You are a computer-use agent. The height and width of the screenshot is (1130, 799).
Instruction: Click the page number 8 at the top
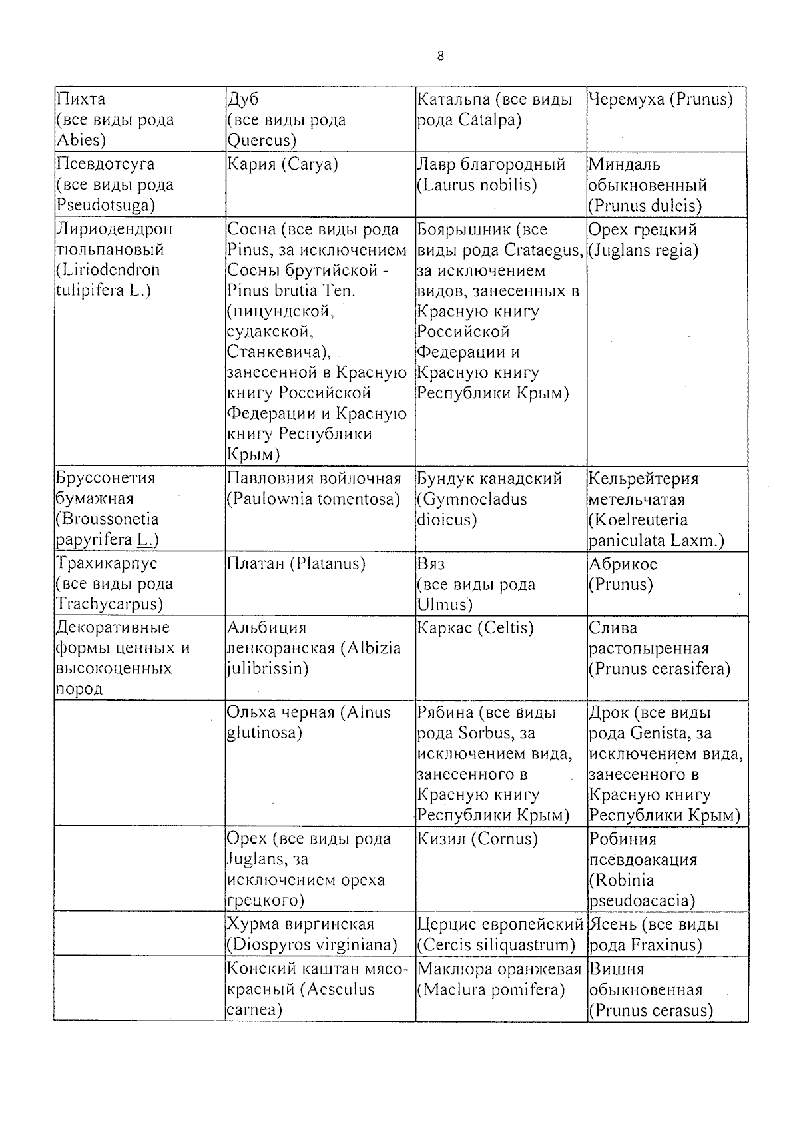click(x=440, y=56)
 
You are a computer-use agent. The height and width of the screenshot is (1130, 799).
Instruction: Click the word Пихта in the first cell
click(x=81, y=99)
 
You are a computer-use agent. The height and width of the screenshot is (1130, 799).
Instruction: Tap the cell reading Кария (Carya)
click(x=282, y=164)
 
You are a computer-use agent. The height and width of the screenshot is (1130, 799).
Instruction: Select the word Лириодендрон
click(x=115, y=229)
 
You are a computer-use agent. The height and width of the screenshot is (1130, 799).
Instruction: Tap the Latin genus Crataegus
click(x=543, y=250)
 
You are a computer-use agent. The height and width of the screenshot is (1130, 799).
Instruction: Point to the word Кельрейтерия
click(x=643, y=479)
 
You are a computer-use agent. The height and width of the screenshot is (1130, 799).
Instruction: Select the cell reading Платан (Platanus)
click(x=296, y=564)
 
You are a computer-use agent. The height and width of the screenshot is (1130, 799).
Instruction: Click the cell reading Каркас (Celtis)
click(x=475, y=628)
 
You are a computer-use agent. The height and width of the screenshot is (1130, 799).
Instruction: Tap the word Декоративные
click(x=113, y=627)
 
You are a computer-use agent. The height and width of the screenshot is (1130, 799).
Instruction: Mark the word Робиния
click(x=623, y=839)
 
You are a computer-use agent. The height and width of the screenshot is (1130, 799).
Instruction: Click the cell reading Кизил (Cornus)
click(x=477, y=839)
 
